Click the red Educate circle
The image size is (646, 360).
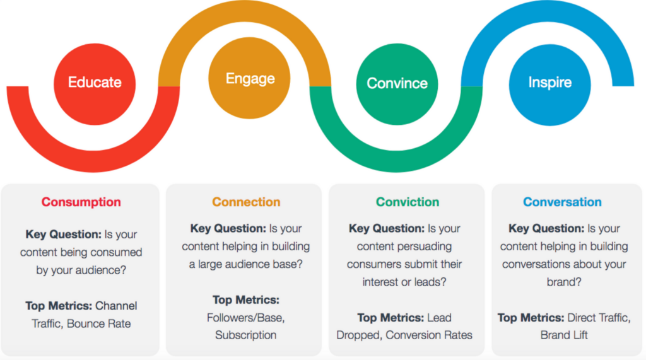95,84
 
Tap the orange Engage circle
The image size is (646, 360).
249,78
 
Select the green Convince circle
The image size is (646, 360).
397,84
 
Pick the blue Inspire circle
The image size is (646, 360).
550,85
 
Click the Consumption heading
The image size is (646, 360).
81,202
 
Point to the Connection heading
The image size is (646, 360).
246,202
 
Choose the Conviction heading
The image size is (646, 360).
408,202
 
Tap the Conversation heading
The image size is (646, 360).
562,202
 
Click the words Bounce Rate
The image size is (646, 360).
99,324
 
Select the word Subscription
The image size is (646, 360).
245,335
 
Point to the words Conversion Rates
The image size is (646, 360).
429,335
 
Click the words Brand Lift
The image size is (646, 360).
564,335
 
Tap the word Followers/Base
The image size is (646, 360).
245,318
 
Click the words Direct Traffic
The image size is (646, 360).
599,318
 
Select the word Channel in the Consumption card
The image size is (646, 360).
116,306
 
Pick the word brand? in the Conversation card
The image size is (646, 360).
564,282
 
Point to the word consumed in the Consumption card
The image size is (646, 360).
118,252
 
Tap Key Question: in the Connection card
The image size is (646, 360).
228,229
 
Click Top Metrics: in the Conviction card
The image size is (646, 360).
391,318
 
